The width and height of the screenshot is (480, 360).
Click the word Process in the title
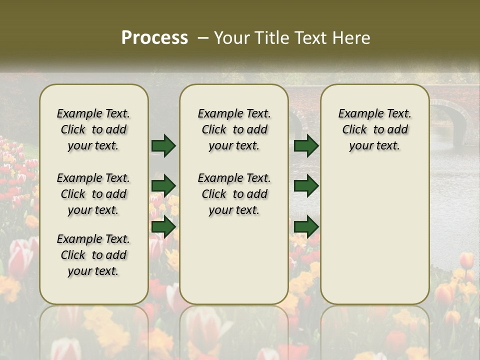[154, 38]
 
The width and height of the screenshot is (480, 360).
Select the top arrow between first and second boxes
[163, 145]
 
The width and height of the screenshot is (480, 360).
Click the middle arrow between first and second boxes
[163, 186]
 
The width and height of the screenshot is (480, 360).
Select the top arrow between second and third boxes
[306, 145]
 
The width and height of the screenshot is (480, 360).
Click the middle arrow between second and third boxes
[306, 186]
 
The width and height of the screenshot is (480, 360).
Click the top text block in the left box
[93, 129]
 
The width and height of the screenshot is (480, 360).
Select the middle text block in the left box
[93, 194]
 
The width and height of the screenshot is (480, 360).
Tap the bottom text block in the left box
[93, 255]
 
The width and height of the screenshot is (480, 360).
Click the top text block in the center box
[234, 129]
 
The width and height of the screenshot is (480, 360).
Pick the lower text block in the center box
[234, 194]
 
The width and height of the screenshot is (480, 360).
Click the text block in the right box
[374, 129]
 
